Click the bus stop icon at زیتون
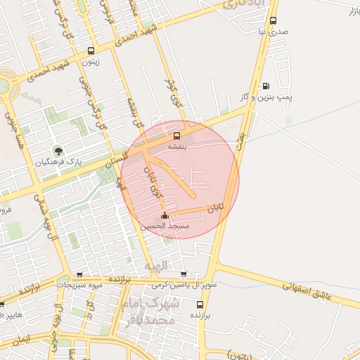tap(91, 51)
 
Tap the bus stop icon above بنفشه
tap(176, 136)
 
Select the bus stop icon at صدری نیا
tap(274, 20)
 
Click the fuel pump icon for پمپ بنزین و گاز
tap(265, 86)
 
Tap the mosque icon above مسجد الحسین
tap(165, 216)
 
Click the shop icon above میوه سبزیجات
tap(79, 275)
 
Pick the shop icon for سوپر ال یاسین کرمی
tap(184, 274)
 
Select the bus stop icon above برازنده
tap(200, 304)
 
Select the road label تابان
tap(215, 209)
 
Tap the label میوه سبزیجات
tap(79, 285)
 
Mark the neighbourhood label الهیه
tap(156, 266)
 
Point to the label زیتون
tap(91, 62)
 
